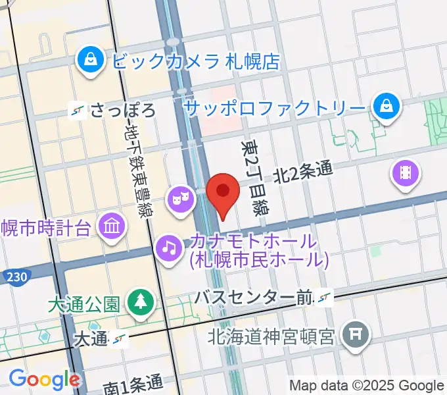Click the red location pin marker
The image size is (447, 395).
(223, 193)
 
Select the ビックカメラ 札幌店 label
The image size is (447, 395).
(196, 61)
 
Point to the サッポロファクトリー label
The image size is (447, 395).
(274, 106)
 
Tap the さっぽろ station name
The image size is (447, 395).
(123, 110)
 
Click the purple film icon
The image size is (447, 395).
(405, 174)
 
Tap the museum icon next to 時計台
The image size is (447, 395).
(112, 228)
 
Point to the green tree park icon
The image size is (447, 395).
(140, 303)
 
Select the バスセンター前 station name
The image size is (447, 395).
(252, 298)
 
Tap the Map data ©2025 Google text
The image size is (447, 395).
(366, 385)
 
